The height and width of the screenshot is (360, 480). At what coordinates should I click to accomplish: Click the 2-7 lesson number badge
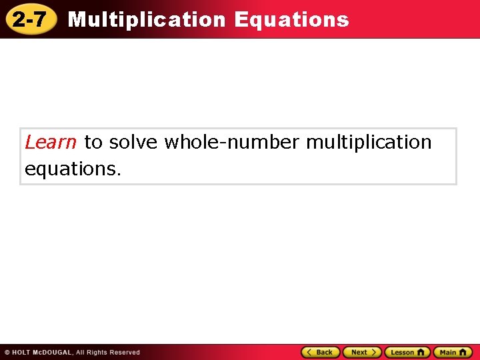pyautogui.click(x=29, y=20)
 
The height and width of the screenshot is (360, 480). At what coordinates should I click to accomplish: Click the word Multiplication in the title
pyautogui.click(x=147, y=19)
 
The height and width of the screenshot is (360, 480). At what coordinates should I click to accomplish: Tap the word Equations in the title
pyautogui.click(x=291, y=19)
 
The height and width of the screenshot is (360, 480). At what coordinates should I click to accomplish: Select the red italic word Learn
pyautogui.click(x=51, y=142)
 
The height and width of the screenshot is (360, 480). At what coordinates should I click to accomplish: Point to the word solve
pyautogui.click(x=133, y=142)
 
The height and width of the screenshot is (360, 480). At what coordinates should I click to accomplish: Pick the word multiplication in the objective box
pyautogui.click(x=369, y=142)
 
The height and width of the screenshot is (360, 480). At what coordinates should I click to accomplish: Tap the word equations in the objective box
pyautogui.click(x=73, y=169)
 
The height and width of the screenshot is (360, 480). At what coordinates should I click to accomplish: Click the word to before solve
pyautogui.click(x=93, y=142)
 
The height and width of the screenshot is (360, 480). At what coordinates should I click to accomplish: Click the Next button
pyautogui.click(x=362, y=352)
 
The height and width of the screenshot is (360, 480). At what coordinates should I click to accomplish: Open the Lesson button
pyautogui.click(x=407, y=352)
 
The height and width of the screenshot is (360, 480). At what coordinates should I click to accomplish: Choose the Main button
pyautogui.click(x=453, y=352)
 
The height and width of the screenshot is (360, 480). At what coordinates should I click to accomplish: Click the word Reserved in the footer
pyautogui.click(x=125, y=352)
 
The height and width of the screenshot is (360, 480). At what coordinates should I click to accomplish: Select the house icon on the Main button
pyautogui.click(x=465, y=352)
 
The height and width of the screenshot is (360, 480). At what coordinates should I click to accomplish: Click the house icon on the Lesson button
pyautogui.click(x=421, y=352)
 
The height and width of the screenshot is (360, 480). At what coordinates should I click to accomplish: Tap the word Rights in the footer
pyautogui.click(x=97, y=352)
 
